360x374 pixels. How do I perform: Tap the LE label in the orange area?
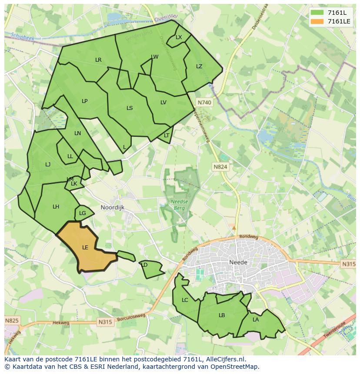pyautogui.click(x=85, y=248)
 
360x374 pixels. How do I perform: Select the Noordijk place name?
pyautogui.click(x=113, y=208)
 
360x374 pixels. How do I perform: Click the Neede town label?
pyautogui.click(x=238, y=262)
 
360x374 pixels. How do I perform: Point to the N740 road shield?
pyautogui.click(x=204, y=103)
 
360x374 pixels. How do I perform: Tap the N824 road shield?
pyautogui.click(x=220, y=167)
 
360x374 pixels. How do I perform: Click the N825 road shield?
pyautogui.click(x=12, y=321)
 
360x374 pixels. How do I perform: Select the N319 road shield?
pyautogui.click(x=348, y=264)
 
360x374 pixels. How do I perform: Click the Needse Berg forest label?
pyautogui.click(x=179, y=205)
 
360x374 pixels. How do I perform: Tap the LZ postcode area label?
pyautogui.click(x=199, y=66)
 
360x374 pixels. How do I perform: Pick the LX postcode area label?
pyautogui.click(x=179, y=37)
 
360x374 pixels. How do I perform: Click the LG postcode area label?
pyautogui.click(x=83, y=213)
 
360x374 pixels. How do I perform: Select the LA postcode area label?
pyautogui.click(x=256, y=320)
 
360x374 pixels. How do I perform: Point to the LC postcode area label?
pyautogui.click(x=185, y=300)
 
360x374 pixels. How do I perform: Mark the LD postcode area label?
pyautogui.click(x=145, y=265)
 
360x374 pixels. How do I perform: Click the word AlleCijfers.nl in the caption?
pyautogui.click(x=225, y=359)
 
